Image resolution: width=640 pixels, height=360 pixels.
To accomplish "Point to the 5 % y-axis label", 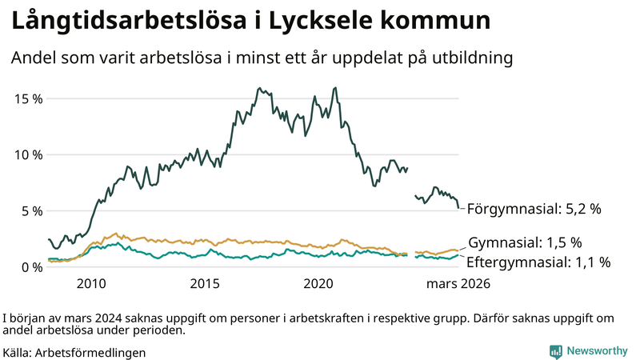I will click(30, 211).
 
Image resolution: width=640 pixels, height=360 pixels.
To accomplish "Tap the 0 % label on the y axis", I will click(30, 267).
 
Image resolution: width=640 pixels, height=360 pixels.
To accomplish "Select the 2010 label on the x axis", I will click(91, 283).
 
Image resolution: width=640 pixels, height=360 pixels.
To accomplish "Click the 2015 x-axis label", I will click(206, 283).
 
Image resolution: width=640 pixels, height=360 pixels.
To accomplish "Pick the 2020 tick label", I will click(320, 283).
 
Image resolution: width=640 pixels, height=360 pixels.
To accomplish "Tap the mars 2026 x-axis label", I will click(457, 283).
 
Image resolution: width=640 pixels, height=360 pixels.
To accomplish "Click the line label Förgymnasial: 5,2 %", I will click(534, 210).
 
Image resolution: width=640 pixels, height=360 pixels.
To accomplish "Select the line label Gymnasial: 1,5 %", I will click(525, 242).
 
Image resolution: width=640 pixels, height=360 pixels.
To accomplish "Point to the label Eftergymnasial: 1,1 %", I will click(538, 262).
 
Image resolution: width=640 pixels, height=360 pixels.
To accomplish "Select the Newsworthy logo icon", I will click(555, 350).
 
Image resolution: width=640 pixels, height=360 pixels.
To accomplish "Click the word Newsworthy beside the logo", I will click(597, 350).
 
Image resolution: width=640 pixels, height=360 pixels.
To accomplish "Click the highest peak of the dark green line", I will click(334, 88).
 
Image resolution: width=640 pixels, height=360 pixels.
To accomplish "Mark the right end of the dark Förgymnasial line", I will click(459, 208).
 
